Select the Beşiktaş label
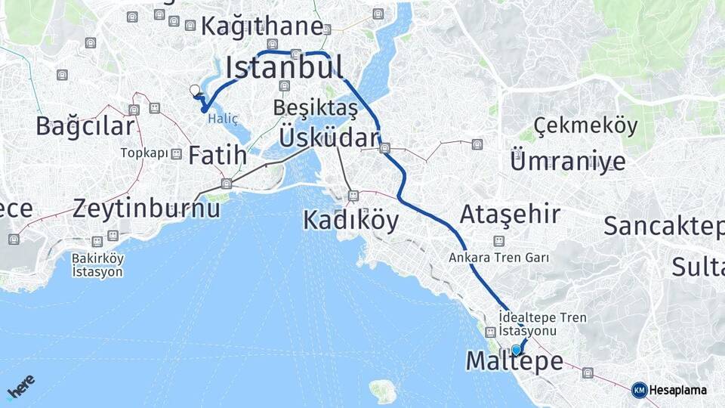pos(316,107)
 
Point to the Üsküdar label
pos(329,138)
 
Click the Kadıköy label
pos(350,220)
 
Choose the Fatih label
pos(217,156)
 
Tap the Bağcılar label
pos(85,126)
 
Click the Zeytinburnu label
pos(147,208)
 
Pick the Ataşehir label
pos(511,214)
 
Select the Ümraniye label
pos(568,161)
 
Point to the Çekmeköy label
pos(585,125)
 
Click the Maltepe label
pos(514,361)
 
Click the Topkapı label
pos(144,153)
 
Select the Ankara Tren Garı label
pos(508,258)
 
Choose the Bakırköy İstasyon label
pos(97,264)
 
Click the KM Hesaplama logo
pos(669,390)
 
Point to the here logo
pos(21,387)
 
